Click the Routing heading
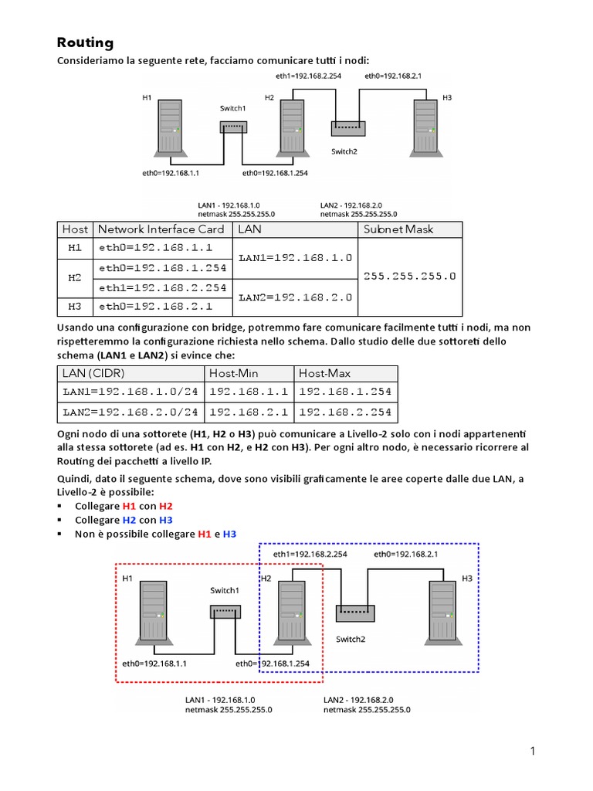click(86, 42)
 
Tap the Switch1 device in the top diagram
click(232, 127)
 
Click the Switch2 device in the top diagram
click(348, 128)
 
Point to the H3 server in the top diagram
click(422, 126)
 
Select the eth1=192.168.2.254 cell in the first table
click(162, 287)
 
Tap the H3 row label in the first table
click(75, 307)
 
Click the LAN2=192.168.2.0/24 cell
click(130, 412)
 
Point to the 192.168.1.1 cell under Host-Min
click(248, 392)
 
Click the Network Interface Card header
click(161, 229)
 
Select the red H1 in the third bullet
click(205, 534)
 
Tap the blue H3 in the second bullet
click(165, 520)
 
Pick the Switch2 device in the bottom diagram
click(355, 613)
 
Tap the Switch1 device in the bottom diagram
click(225, 612)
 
